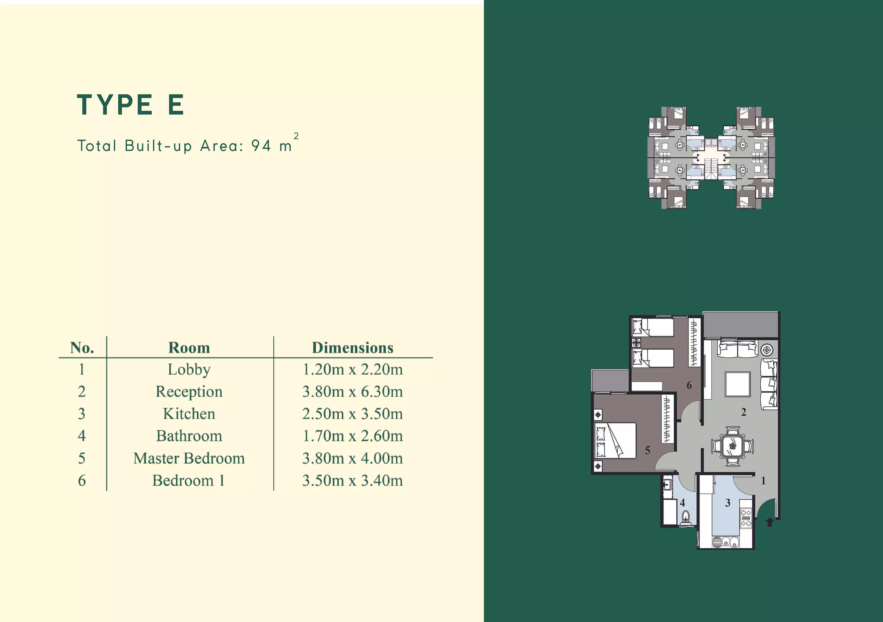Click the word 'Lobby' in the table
189,370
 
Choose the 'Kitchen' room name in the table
189,414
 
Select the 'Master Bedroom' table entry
189,458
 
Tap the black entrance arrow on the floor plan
770,522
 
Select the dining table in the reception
732,446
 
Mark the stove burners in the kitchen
746,518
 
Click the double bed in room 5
615,440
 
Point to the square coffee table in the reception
738,384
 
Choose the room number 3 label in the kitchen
728,503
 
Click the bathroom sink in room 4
667,485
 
